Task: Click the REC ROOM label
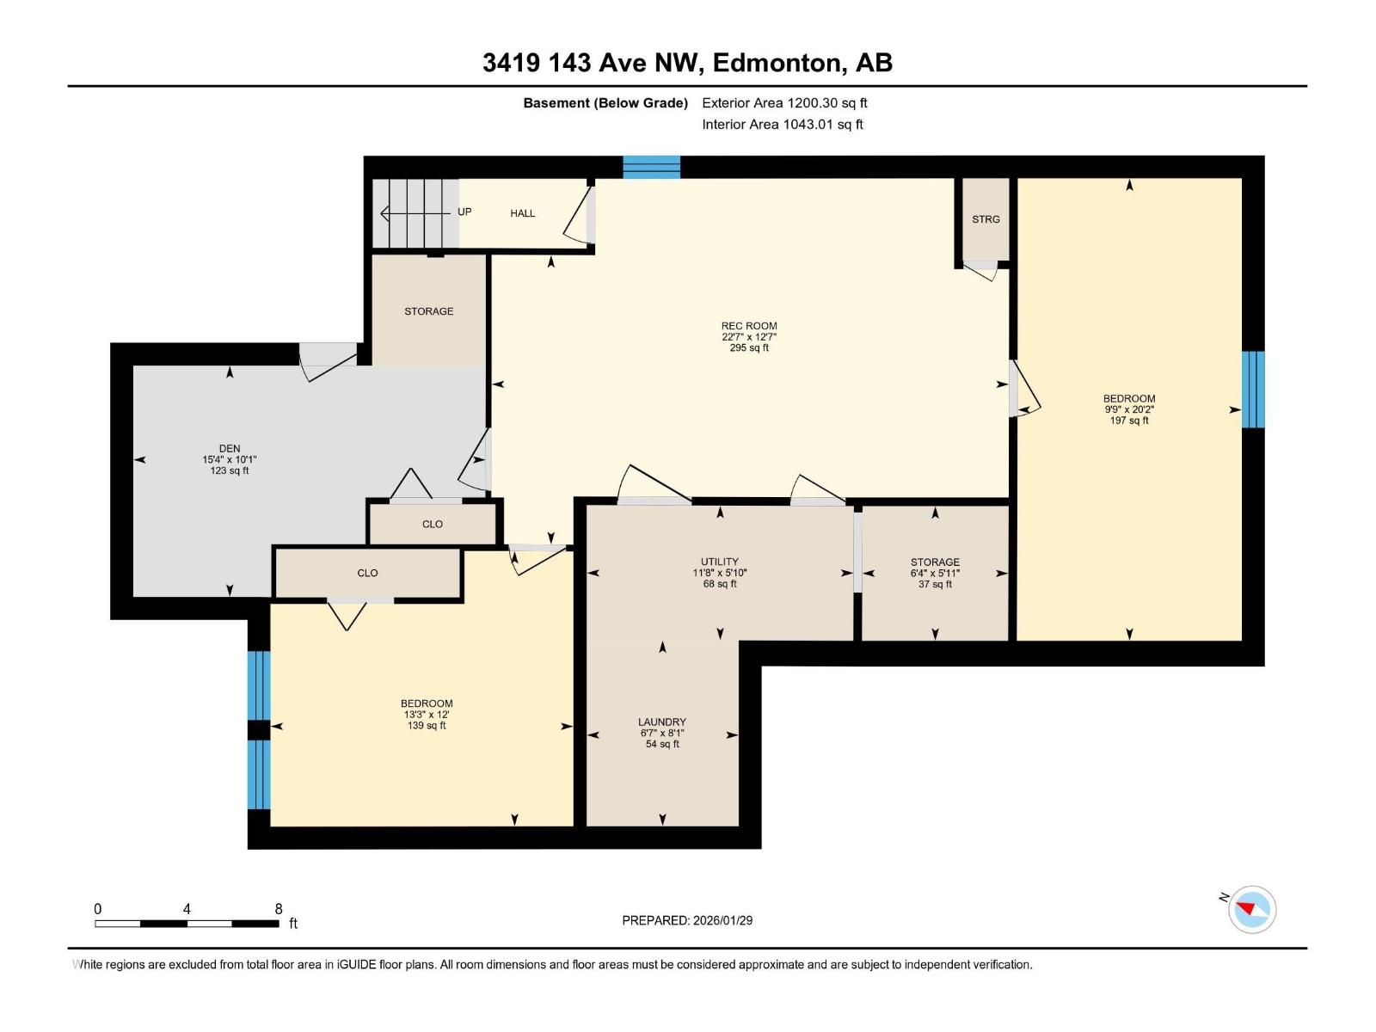748,326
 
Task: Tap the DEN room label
230,449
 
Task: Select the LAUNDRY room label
662,722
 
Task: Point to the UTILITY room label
720,562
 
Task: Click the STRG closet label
986,219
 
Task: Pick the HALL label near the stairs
522,213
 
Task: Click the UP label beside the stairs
464,212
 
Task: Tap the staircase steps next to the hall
415,213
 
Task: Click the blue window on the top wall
651,168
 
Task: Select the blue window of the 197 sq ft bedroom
1253,389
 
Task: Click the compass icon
1252,910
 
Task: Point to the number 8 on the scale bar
279,908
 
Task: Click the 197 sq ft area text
1129,421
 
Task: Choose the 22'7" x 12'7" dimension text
748,337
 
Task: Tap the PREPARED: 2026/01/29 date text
687,920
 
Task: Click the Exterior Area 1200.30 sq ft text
784,102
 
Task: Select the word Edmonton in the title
777,63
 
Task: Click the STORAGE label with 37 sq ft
935,562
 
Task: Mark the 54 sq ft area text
662,745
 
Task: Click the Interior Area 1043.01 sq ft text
783,124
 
